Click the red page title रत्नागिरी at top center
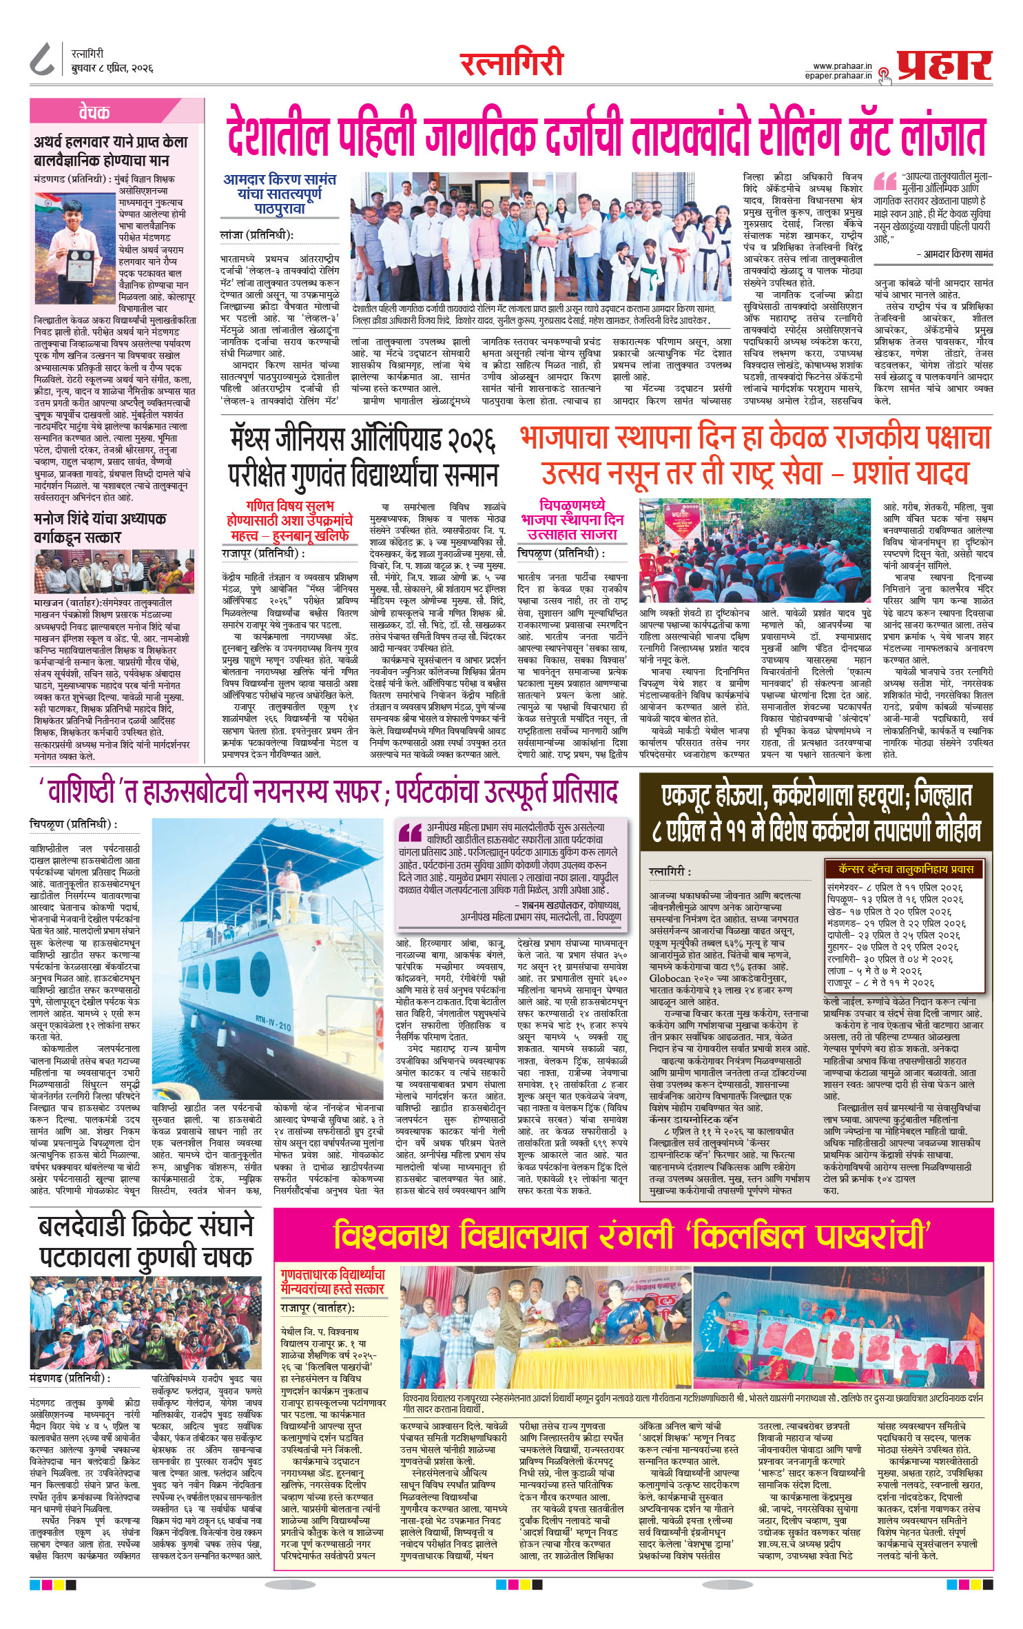coord(511,64)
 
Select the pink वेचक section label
coord(94,112)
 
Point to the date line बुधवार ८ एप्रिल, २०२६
coord(112,69)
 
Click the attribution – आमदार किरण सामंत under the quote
coord(953,254)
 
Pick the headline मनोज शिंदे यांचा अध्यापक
coord(100,518)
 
